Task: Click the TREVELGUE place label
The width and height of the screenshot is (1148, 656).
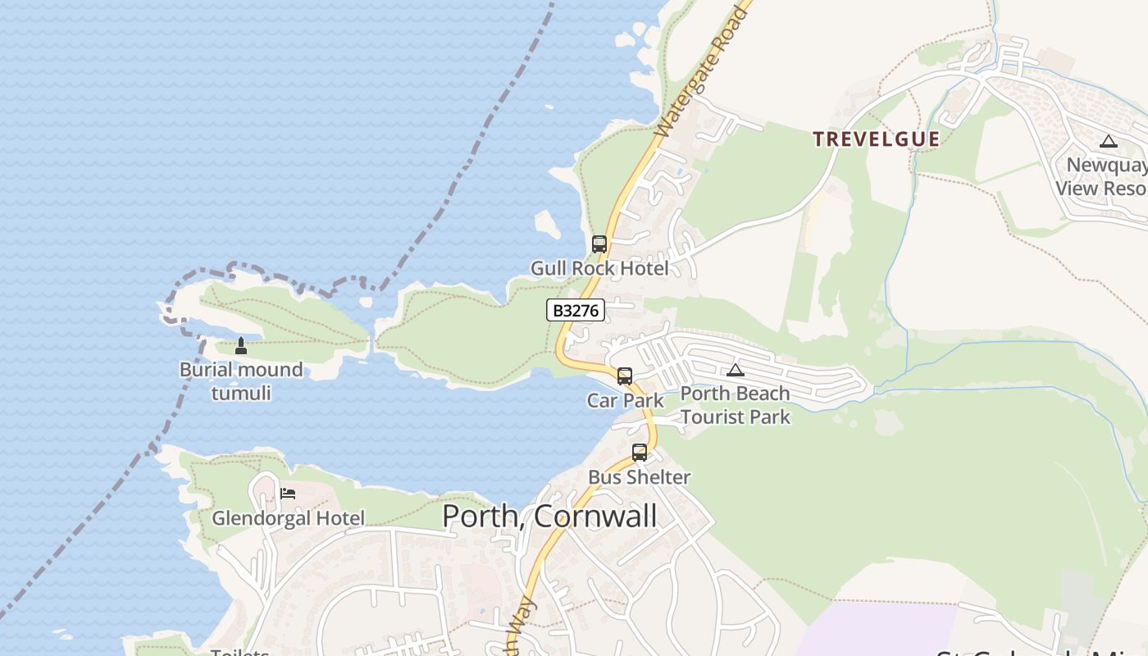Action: [x=876, y=139]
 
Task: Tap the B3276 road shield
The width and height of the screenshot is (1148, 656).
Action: [x=576, y=310]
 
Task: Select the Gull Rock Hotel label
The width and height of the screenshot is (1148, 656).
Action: [x=599, y=268]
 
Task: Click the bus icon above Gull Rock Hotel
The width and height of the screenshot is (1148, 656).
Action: [x=599, y=244]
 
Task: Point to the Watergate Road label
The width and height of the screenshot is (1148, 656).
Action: [x=704, y=70]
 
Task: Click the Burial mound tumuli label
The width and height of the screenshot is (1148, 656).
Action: [x=241, y=381]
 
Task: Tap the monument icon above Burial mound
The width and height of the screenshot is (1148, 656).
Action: [x=241, y=346]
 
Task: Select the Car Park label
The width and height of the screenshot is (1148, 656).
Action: [x=625, y=400]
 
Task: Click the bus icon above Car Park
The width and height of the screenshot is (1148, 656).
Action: [x=625, y=376]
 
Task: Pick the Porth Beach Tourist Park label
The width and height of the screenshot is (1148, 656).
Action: [x=735, y=405]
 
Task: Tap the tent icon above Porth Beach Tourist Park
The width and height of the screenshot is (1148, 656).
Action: [x=736, y=371]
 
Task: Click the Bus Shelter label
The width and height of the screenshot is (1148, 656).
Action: [x=639, y=476]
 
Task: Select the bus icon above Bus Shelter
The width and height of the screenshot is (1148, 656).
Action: [x=640, y=452]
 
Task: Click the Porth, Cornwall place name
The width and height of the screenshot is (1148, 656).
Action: [x=549, y=516]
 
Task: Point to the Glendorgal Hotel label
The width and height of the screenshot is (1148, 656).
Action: [x=288, y=518]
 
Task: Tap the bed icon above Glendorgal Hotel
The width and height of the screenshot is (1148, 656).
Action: [x=288, y=494]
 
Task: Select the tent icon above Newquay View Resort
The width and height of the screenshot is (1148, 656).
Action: [x=1109, y=141]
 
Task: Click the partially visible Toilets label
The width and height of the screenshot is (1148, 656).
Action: [x=240, y=652]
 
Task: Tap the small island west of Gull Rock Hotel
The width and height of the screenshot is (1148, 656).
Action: [x=547, y=223]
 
